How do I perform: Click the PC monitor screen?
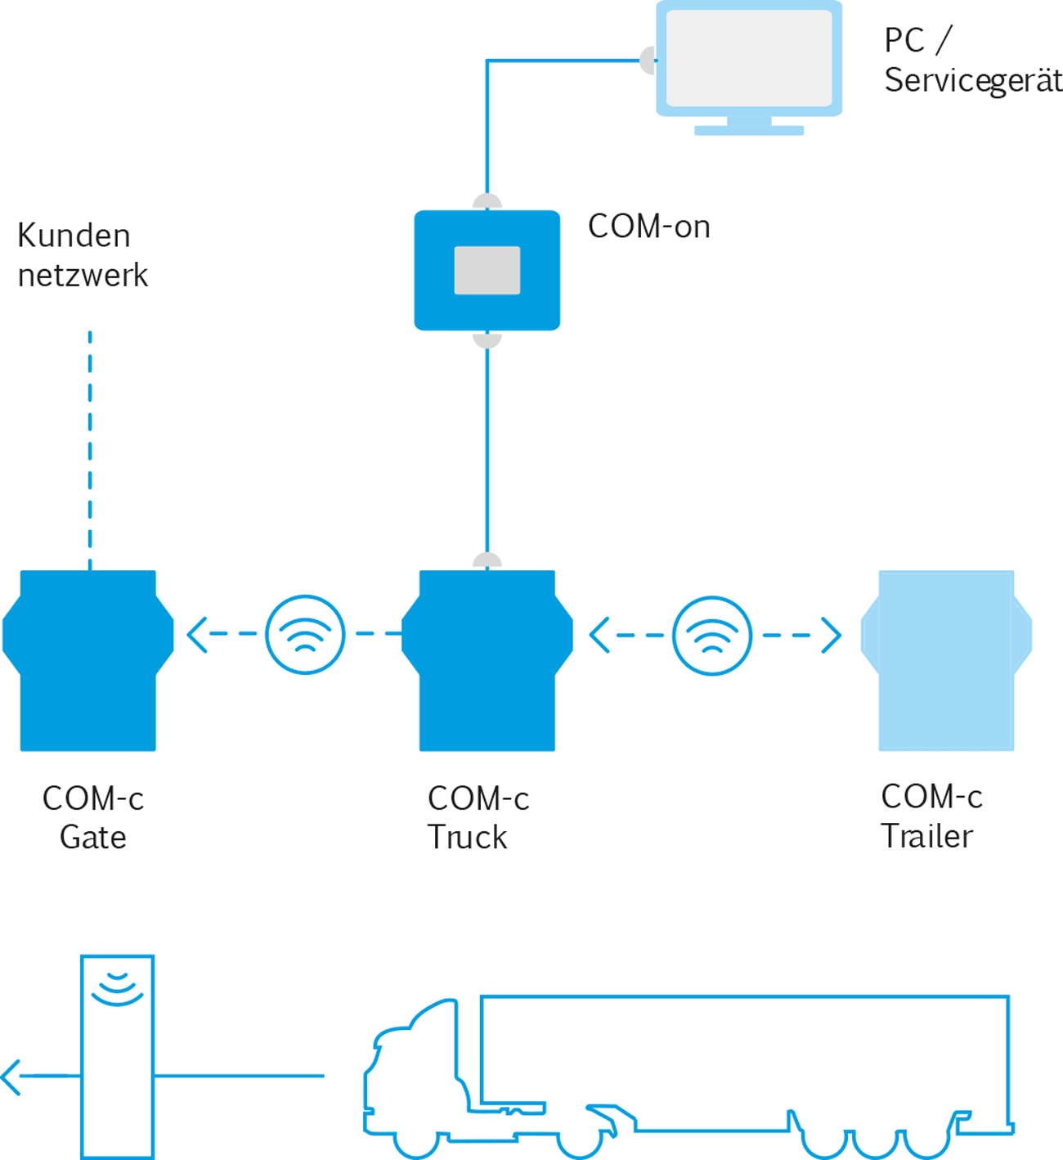[749, 58]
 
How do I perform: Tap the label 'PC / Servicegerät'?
[971, 61]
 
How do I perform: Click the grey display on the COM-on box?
[487, 270]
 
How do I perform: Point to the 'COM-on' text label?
[648, 227]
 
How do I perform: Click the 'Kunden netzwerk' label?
[82, 255]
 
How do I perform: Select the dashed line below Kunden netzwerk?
[90, 450]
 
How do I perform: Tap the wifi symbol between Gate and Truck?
[305, 635]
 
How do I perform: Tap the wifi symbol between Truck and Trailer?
[712, 635]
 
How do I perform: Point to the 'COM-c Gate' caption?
[93, 817]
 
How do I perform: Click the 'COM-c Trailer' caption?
[931, 816]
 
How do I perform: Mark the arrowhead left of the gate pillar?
[11, 1077]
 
